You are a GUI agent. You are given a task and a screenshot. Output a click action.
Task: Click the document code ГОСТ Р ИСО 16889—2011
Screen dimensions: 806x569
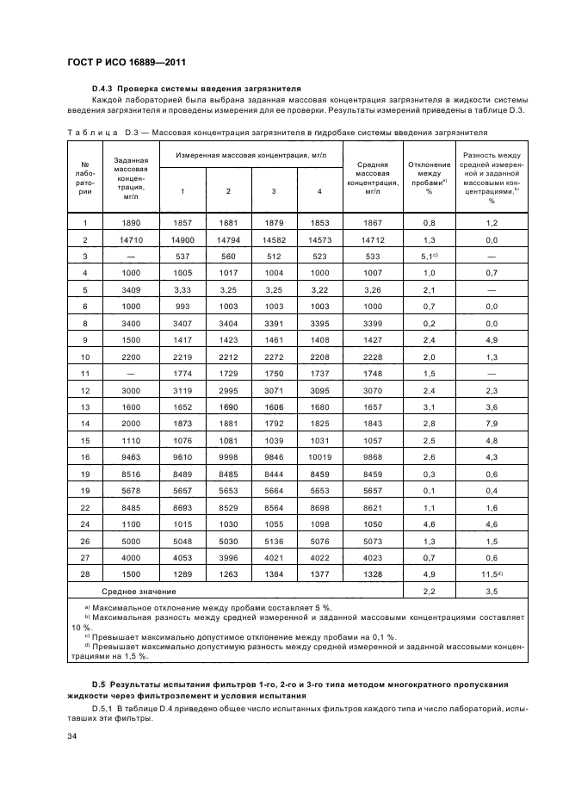[x=127, y=62]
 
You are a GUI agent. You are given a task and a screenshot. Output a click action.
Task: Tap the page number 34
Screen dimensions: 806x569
[x=73, y=736]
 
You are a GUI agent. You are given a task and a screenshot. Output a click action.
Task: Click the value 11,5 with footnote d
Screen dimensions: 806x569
[x=492, y=574]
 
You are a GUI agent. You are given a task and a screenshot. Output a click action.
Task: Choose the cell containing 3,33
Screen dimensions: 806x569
[x=182, y=289]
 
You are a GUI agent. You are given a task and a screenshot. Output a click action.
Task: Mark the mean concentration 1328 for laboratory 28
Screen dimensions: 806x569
[x=373, y=574]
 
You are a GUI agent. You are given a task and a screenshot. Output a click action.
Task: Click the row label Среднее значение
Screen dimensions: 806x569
[x=139, y=592]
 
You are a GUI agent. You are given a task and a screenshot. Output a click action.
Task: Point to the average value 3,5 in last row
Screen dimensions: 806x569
[x=492, y=592]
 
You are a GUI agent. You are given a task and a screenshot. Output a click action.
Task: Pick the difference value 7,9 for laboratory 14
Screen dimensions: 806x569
[x=492, y=423]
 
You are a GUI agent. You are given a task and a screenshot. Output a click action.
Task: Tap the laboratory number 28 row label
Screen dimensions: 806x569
[x=85, y=574]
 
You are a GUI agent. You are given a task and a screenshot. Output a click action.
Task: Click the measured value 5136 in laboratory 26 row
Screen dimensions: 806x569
[x=273, y=542]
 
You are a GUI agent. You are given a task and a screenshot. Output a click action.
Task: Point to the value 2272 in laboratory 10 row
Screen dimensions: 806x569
[x=273, y=356]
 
